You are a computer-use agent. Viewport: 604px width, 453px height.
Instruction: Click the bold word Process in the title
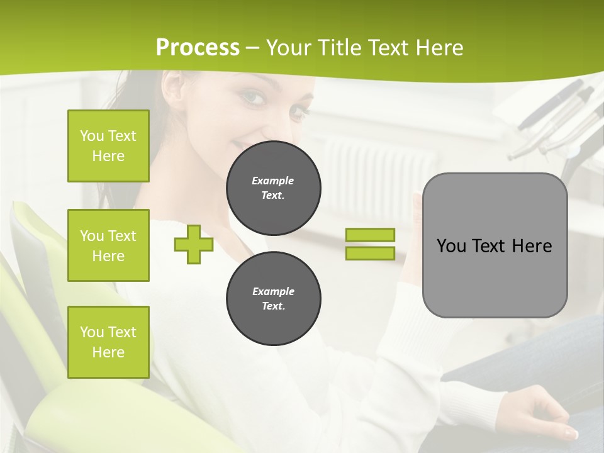198,48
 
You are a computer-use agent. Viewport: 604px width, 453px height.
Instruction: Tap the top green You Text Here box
108,146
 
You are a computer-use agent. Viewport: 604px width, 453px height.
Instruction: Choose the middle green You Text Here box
108,245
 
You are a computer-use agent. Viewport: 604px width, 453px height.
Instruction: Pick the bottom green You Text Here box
108,342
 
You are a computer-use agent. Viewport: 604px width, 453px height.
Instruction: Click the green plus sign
194,245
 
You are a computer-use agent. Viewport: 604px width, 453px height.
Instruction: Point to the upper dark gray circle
273,188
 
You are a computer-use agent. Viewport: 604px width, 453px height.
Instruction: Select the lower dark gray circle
273,299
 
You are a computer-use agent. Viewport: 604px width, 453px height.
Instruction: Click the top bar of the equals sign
370,235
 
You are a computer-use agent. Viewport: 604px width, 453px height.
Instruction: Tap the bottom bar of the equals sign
370,253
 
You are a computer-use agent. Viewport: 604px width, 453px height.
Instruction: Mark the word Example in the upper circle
273,181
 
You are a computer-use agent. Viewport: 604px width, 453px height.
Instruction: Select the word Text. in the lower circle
273,306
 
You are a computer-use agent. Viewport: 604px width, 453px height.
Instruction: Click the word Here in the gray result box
532,246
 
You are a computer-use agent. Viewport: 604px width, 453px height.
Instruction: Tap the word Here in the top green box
108,156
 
